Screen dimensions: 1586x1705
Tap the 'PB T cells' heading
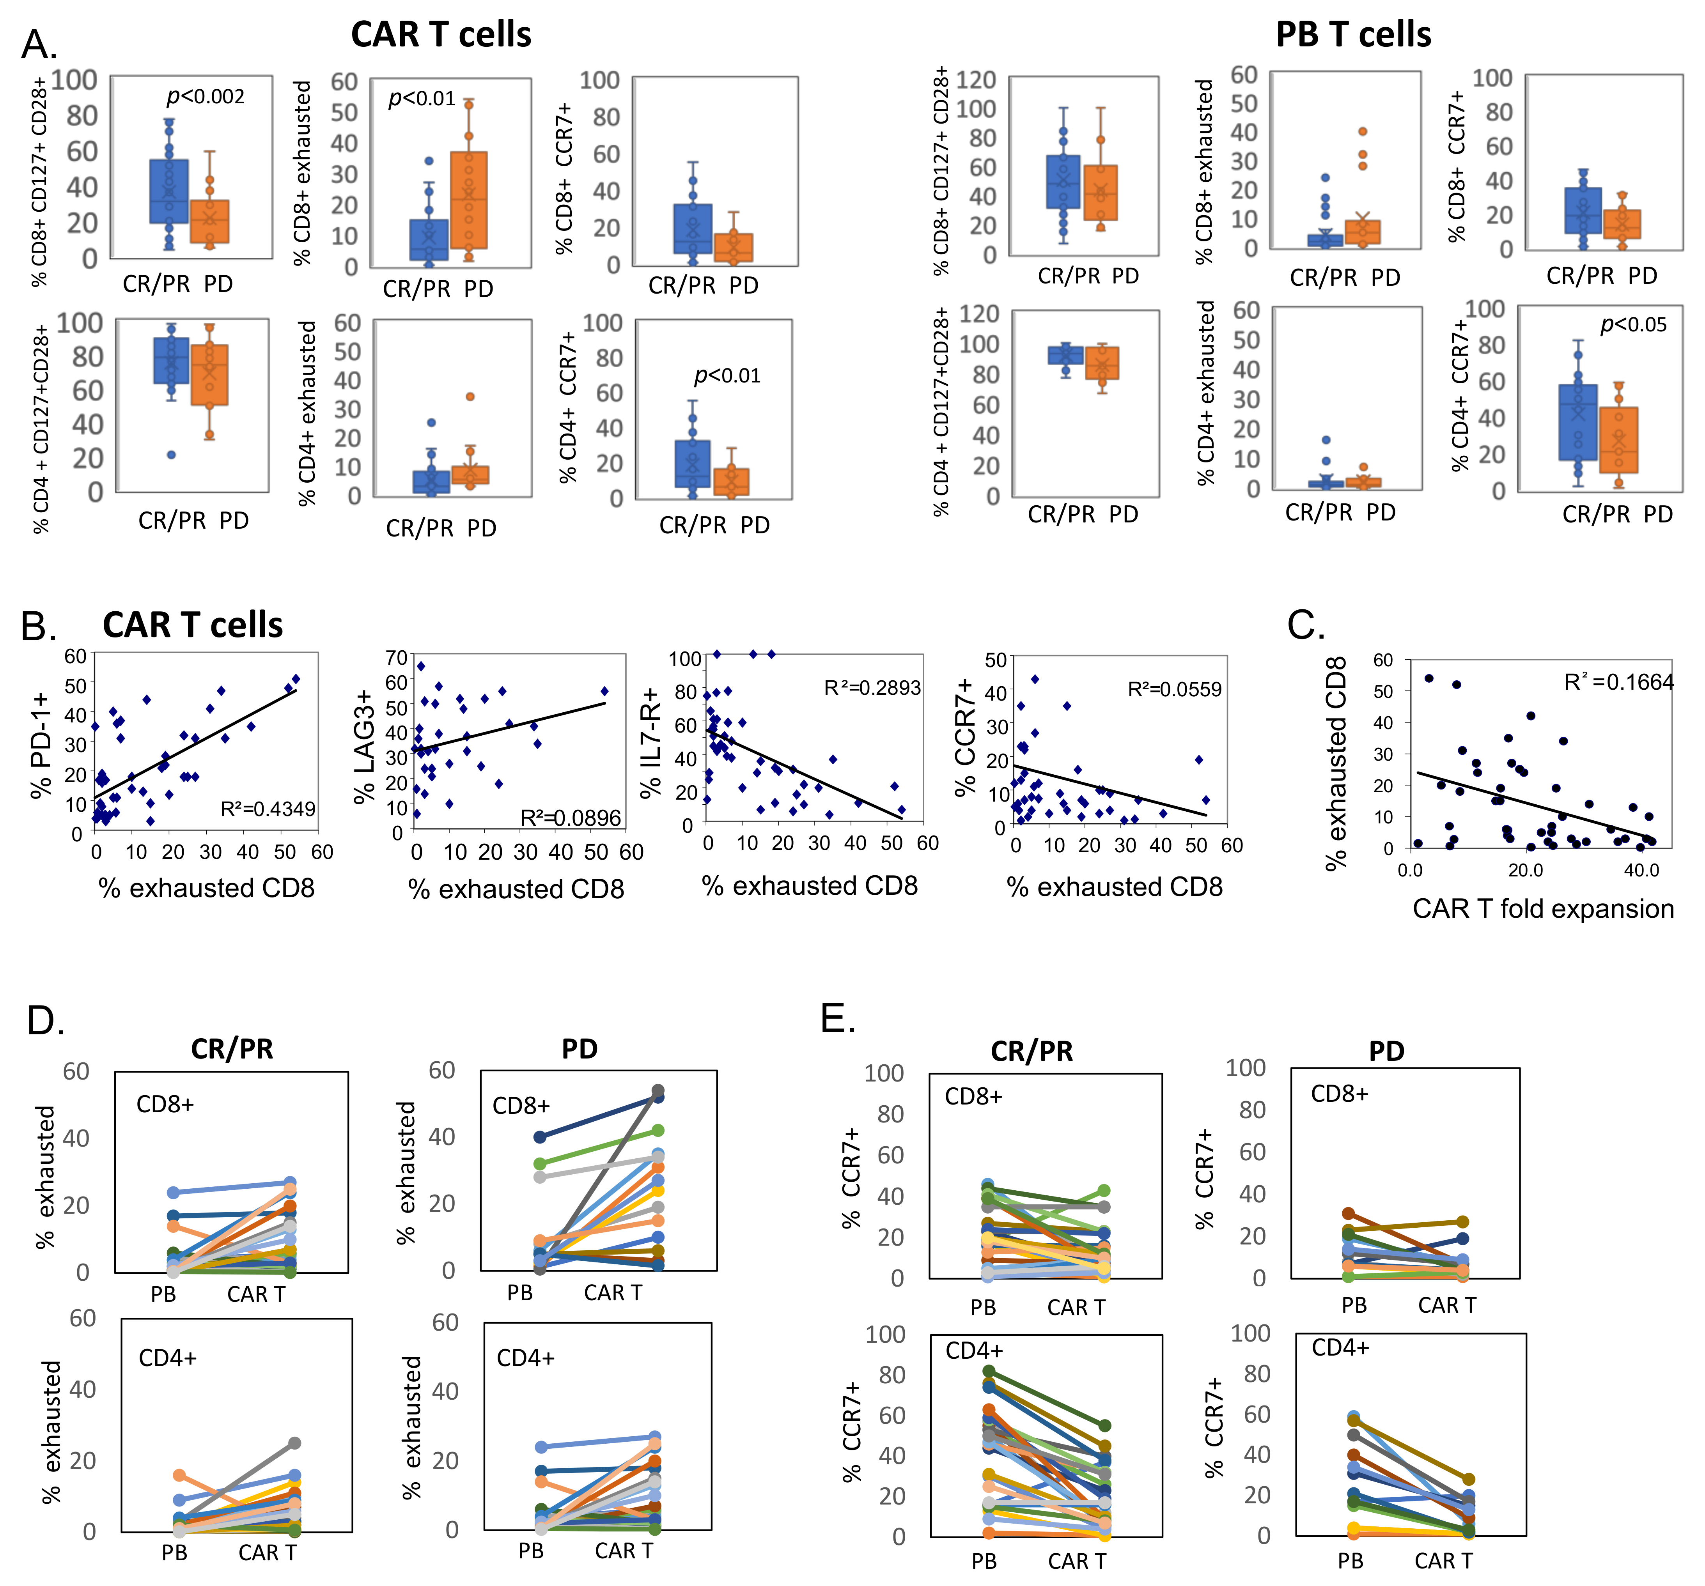(1353, 34)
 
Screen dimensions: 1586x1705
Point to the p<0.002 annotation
(206, 96)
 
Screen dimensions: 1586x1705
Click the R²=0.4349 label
(268, 809)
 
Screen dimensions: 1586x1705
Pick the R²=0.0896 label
(570, 818)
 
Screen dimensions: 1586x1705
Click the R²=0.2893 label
(872, 688)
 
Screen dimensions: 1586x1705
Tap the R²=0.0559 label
(1174, 689)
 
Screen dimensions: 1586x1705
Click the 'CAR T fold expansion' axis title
(1543, 909)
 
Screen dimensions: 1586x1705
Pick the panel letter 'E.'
(838, 1018)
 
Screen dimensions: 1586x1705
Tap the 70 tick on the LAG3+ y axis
(396, 658)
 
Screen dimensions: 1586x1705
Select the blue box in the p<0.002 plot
(169, 191)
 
